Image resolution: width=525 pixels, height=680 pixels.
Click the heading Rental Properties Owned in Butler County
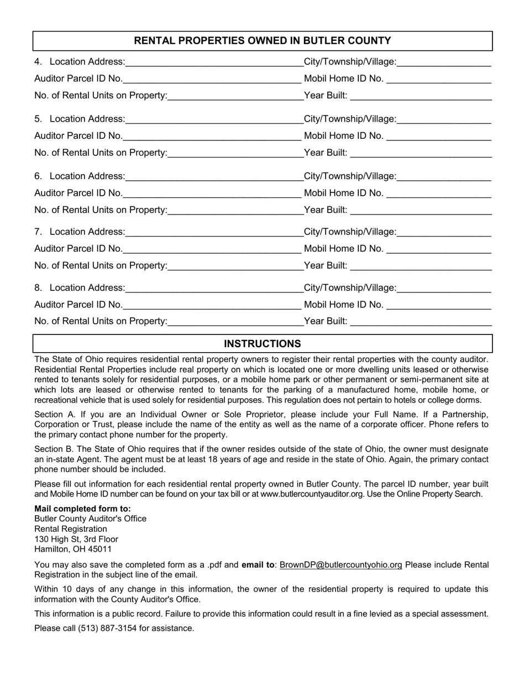click(x=262, y=41)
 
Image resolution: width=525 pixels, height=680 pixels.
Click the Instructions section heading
click(x=262, y=344)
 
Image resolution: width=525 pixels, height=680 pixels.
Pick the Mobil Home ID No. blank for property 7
click(x=439, y=249)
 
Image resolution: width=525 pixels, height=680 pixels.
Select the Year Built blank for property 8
click(x=421, y=322)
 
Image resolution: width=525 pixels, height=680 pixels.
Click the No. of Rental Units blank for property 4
click(x=235, y=96)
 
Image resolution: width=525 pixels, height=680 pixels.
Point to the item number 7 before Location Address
click(x=38, y=232)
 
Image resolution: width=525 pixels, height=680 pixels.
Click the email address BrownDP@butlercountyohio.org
click(x=341, y=565)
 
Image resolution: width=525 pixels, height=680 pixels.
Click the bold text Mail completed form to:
click(x=83, y=509)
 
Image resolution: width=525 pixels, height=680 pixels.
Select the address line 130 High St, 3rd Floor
click(x=76, y=539)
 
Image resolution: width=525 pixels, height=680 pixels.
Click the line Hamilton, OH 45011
click(x=73, y=549)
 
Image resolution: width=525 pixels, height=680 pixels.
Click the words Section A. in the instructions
click(x=53, y=415)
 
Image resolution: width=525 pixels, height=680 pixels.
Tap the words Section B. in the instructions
click(x=53, y=449)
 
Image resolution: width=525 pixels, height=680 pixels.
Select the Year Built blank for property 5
click(x=421, y=153)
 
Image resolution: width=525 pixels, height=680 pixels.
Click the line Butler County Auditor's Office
click(x=91, y=519)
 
